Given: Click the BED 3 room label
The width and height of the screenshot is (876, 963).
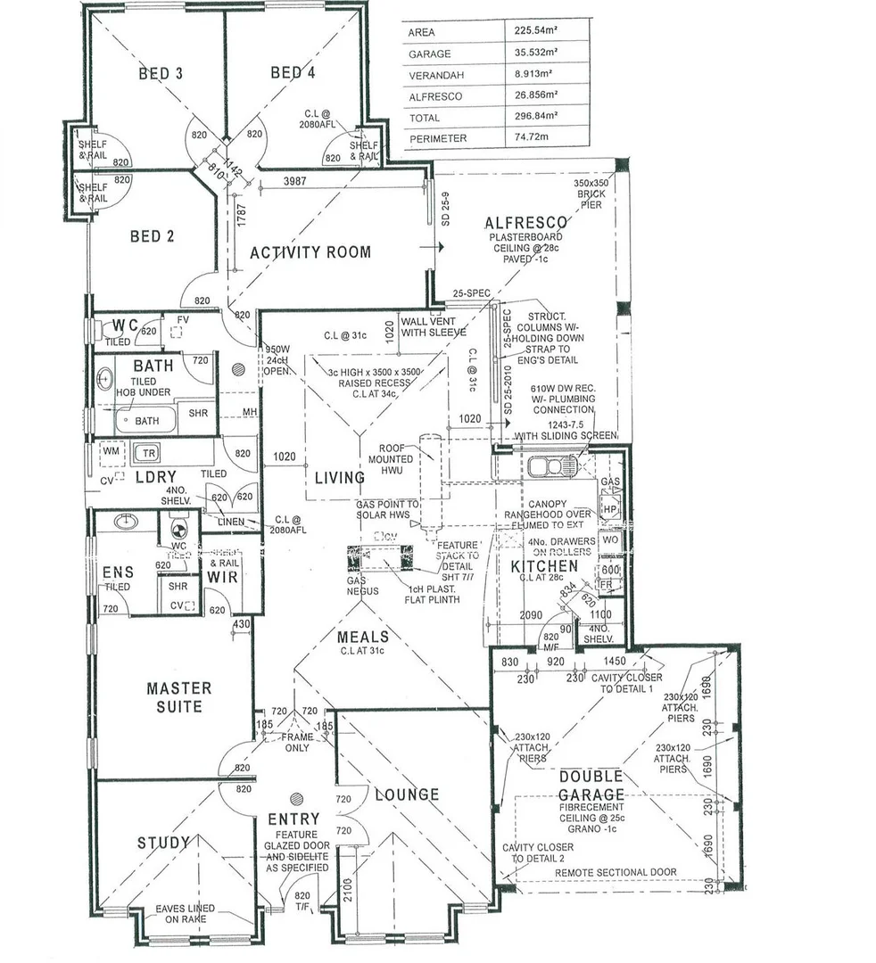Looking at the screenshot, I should tap(161, 73).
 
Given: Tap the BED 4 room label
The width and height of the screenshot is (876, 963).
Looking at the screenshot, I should tap(293, 73).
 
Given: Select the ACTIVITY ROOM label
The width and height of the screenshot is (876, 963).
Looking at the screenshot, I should tap(310, 252).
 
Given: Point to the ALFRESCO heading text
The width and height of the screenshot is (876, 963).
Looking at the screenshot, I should tap(526, 223).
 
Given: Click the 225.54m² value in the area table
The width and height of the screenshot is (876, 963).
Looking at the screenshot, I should tap(535, 31).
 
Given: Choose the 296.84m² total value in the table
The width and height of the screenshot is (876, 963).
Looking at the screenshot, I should tap(535, 117).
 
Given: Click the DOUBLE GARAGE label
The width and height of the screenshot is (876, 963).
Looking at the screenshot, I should tap(591, 786).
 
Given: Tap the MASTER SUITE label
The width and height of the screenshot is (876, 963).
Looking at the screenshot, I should tap(179, 697).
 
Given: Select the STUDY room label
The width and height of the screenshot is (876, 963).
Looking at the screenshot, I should tap(163, 843).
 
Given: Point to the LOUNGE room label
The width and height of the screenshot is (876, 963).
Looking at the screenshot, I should tap(406, 794).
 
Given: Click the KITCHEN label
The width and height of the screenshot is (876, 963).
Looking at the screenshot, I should tap(544, 566).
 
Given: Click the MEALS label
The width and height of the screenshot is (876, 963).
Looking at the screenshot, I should tap(363, 637).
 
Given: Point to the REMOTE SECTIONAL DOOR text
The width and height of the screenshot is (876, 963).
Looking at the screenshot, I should tap(616, 872).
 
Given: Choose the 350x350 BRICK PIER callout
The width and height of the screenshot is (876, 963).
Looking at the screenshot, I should tap(590, 193).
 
